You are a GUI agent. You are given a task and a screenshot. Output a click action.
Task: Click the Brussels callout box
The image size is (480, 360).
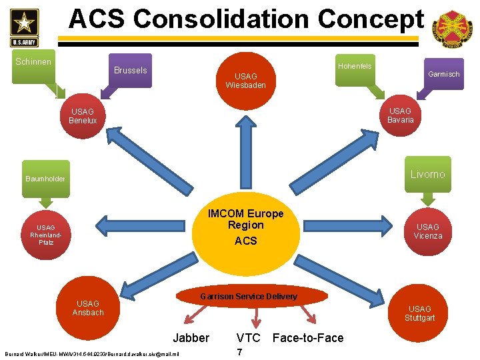(131, 70)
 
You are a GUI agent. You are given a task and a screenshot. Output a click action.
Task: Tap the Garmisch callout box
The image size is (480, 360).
(443, 74)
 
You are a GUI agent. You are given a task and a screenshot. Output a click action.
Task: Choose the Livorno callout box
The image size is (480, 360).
(427, 174)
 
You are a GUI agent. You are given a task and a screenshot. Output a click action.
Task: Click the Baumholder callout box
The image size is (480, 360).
(45, 179)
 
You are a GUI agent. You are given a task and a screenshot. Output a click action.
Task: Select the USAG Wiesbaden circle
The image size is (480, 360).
(245, 81)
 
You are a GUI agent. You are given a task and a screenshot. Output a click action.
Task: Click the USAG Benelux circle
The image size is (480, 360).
(83, 116)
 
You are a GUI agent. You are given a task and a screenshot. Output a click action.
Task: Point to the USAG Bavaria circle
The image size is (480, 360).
(400, 115)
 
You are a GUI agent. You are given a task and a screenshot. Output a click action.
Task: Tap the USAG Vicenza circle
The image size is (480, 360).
(427, 231)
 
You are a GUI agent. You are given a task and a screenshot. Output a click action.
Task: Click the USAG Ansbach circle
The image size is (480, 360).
(88, 308)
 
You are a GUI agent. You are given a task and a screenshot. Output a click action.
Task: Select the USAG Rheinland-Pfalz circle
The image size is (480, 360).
(46, 235)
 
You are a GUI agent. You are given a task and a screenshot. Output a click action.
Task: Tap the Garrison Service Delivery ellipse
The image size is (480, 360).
(249, 296)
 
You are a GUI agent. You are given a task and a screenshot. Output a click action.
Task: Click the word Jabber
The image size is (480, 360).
(191, 338)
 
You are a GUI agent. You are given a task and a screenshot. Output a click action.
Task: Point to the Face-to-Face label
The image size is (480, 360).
(308, 338)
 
